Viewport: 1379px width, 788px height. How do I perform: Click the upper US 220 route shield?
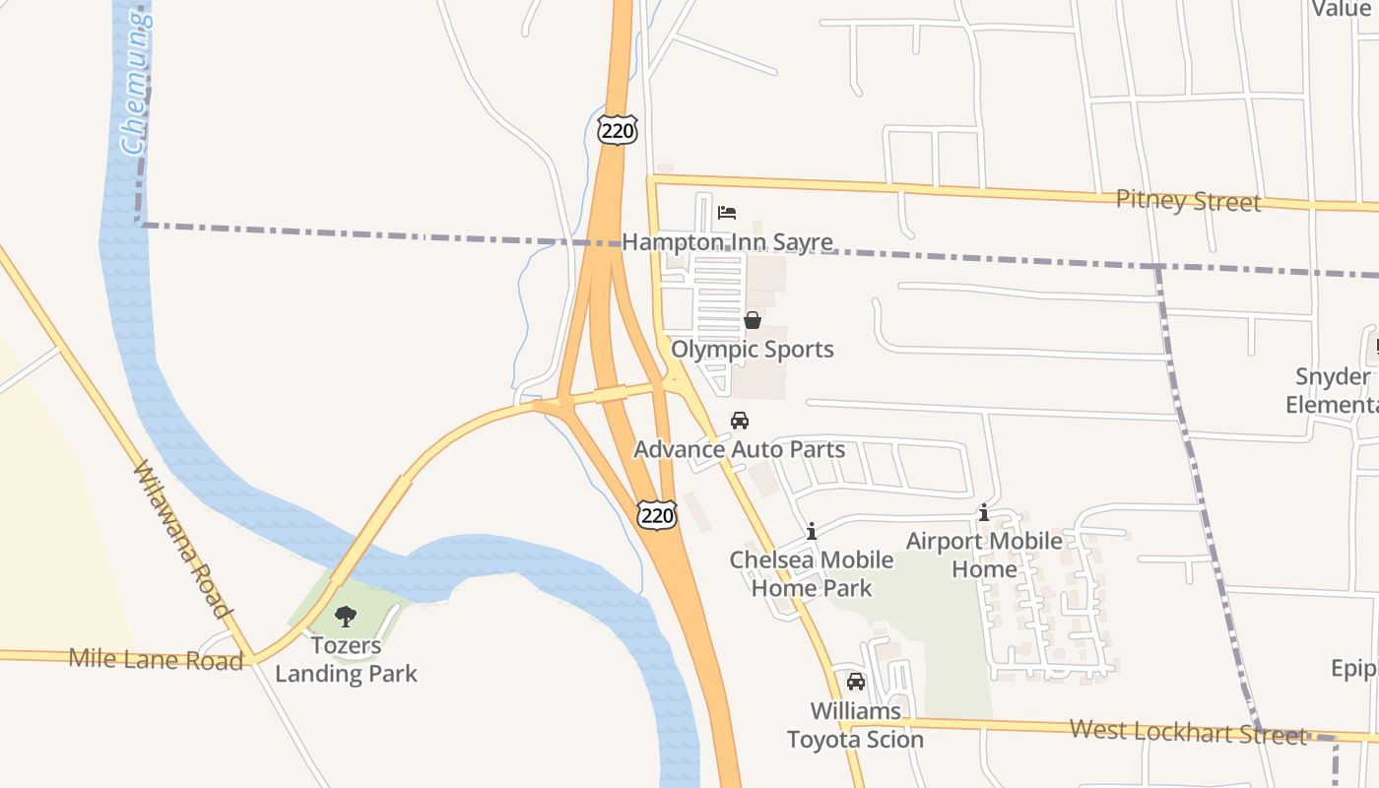tap(618, 129)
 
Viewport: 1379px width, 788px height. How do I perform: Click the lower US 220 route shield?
tap(657, 513)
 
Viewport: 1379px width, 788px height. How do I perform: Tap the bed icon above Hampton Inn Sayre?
tap(727, 212)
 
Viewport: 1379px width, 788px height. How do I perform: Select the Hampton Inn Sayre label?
tap(727, 242)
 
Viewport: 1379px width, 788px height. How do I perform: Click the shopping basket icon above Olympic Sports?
tap(753, 320)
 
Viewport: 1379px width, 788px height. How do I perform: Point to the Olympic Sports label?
tap(753, 350)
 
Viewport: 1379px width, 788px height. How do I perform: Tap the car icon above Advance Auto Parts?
tap(740, 421)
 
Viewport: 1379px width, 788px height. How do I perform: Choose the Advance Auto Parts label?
tap(740, 450)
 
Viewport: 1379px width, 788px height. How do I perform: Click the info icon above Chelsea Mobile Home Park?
tap(812, 532)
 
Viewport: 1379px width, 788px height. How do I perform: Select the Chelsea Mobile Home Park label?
tap(812, 574)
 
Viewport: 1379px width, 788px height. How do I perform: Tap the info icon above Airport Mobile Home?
tap(983, 513)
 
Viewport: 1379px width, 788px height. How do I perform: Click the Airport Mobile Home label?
tap(984, 555)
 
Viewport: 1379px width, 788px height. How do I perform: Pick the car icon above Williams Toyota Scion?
tap(856, 682)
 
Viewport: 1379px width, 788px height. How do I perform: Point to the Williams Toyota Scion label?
tap(855, 725)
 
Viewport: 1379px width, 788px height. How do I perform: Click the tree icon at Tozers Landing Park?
tap(346, 617)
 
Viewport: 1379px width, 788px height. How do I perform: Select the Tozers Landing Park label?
tap(346, 660)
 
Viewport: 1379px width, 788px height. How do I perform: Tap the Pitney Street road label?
tap(1188, 201)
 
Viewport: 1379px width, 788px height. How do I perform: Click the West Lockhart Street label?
tap(1188, 732)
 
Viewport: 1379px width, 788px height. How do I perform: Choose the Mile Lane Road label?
tap(156, 659)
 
